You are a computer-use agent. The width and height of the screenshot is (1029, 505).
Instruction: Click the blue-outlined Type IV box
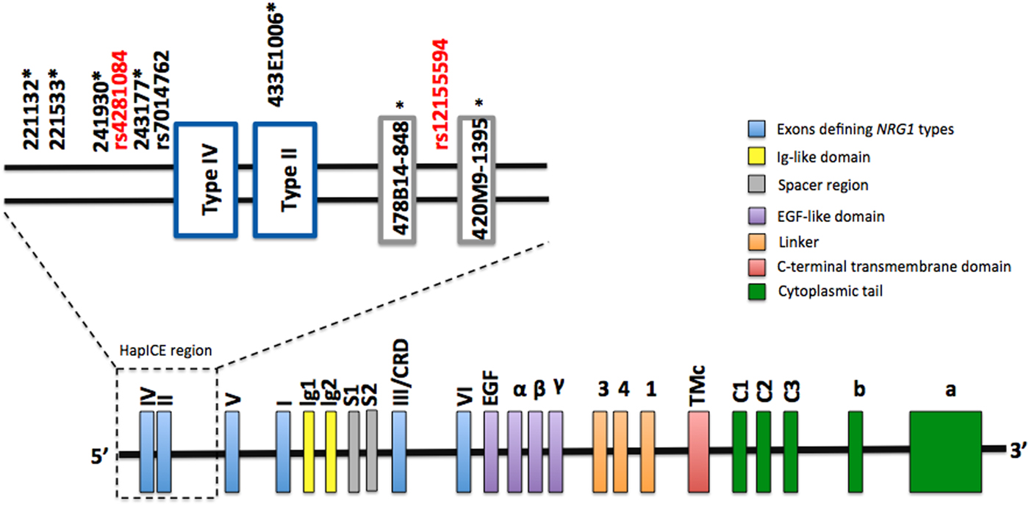tap(206, 180)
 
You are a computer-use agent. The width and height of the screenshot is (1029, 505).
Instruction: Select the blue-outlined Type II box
tap(285, 180)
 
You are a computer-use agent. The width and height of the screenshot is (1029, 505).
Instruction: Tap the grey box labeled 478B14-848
tap(402, 180)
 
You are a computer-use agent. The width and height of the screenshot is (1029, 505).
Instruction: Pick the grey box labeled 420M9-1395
tap(481, 180)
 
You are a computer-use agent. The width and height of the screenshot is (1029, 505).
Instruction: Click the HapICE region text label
tap(165, 351)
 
